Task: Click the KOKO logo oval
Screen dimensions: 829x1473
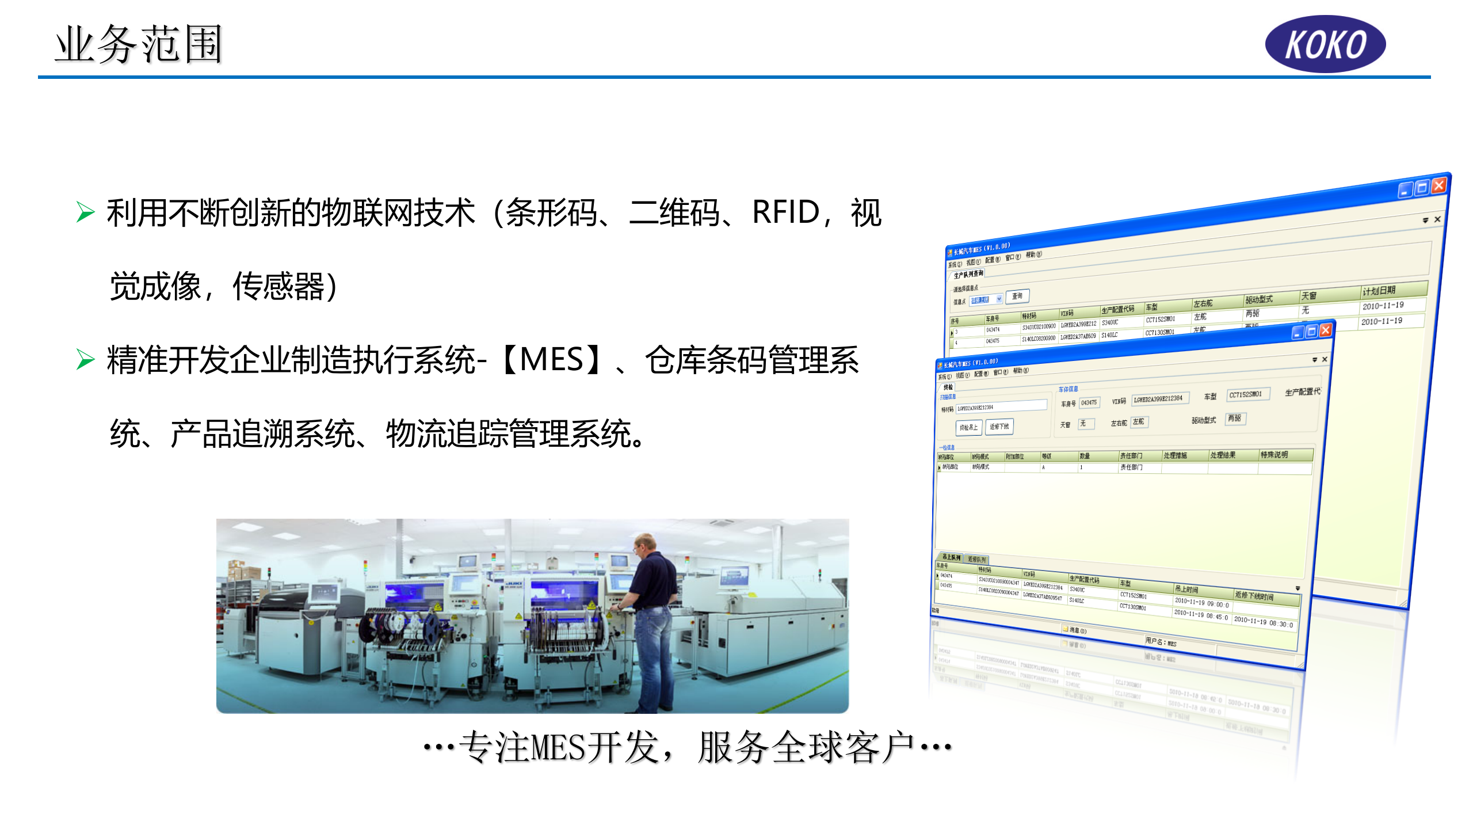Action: point(1325,44)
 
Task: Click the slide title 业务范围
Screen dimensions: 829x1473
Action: point(139,44)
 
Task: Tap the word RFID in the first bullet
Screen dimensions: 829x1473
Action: point(786,212)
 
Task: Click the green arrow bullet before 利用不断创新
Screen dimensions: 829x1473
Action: point(85,212)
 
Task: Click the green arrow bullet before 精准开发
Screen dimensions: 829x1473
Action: point(85,360)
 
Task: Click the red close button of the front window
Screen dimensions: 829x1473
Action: point(1325,330)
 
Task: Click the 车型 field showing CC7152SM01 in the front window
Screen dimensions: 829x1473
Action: point(1245,394)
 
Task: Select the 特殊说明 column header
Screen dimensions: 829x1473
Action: point(1274,455)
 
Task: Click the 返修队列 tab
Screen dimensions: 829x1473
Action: point(976,560)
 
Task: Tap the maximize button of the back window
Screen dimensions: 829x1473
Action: point(1422,188)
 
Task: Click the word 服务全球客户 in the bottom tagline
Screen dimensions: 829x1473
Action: point(806,747)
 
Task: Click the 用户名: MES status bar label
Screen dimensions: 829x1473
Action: point(1161,642)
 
